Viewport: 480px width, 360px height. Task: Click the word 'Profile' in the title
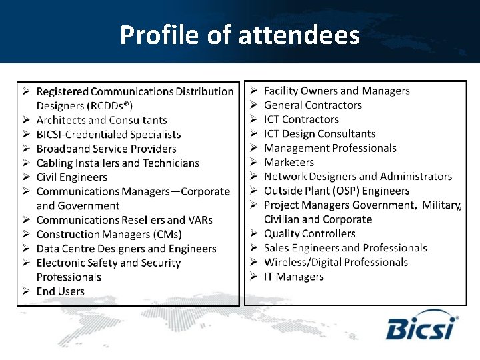coord(160,35)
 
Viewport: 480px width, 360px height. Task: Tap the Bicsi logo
coord(421,326)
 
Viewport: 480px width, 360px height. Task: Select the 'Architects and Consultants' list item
coord(101,120)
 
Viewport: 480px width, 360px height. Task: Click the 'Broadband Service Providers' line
coord(106,149)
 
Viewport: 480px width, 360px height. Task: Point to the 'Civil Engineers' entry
coord(71,177)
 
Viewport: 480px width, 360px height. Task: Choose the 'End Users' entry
coord(60,291)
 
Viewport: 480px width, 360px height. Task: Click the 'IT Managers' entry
coord(293,277)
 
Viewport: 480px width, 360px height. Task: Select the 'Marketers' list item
coord(289,162)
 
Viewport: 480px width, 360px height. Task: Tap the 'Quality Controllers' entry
coord(309,234)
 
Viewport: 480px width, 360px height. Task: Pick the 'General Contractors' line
coord(313,105)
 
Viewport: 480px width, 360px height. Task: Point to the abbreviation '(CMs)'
coord(167,234)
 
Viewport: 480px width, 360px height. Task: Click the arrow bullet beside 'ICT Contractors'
coord(254,119)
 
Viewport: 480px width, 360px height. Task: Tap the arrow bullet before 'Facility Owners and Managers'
coord(254,91)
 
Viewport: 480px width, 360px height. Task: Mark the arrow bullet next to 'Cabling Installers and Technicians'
coord(25,163)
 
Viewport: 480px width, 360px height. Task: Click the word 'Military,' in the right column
coord(441,205)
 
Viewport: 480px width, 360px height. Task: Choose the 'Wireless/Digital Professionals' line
coord(335,262)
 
